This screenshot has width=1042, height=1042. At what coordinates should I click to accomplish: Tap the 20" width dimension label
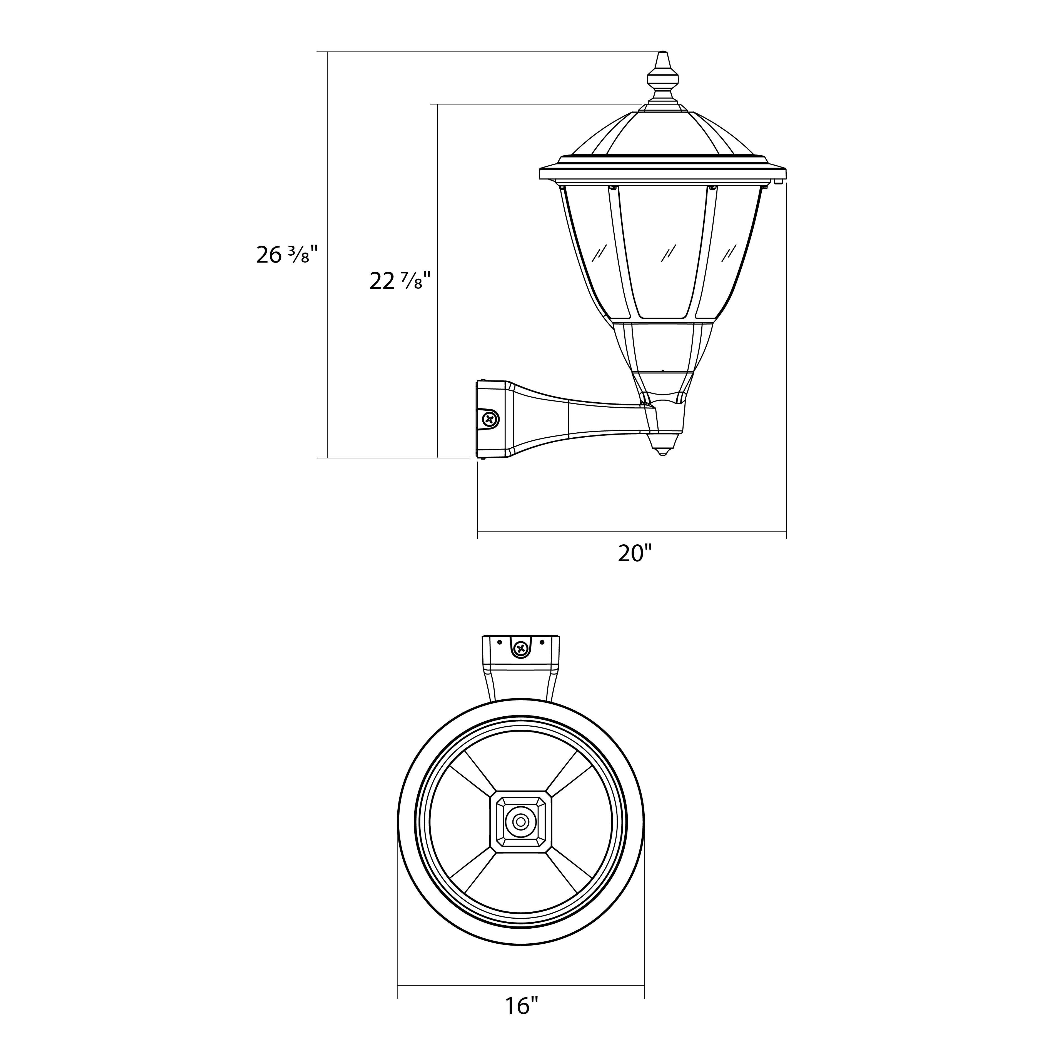click(635, 553)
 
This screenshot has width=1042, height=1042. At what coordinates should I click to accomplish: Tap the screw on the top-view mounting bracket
click(521, 649)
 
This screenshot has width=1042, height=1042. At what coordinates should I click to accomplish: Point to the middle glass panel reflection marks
click(669, 253)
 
